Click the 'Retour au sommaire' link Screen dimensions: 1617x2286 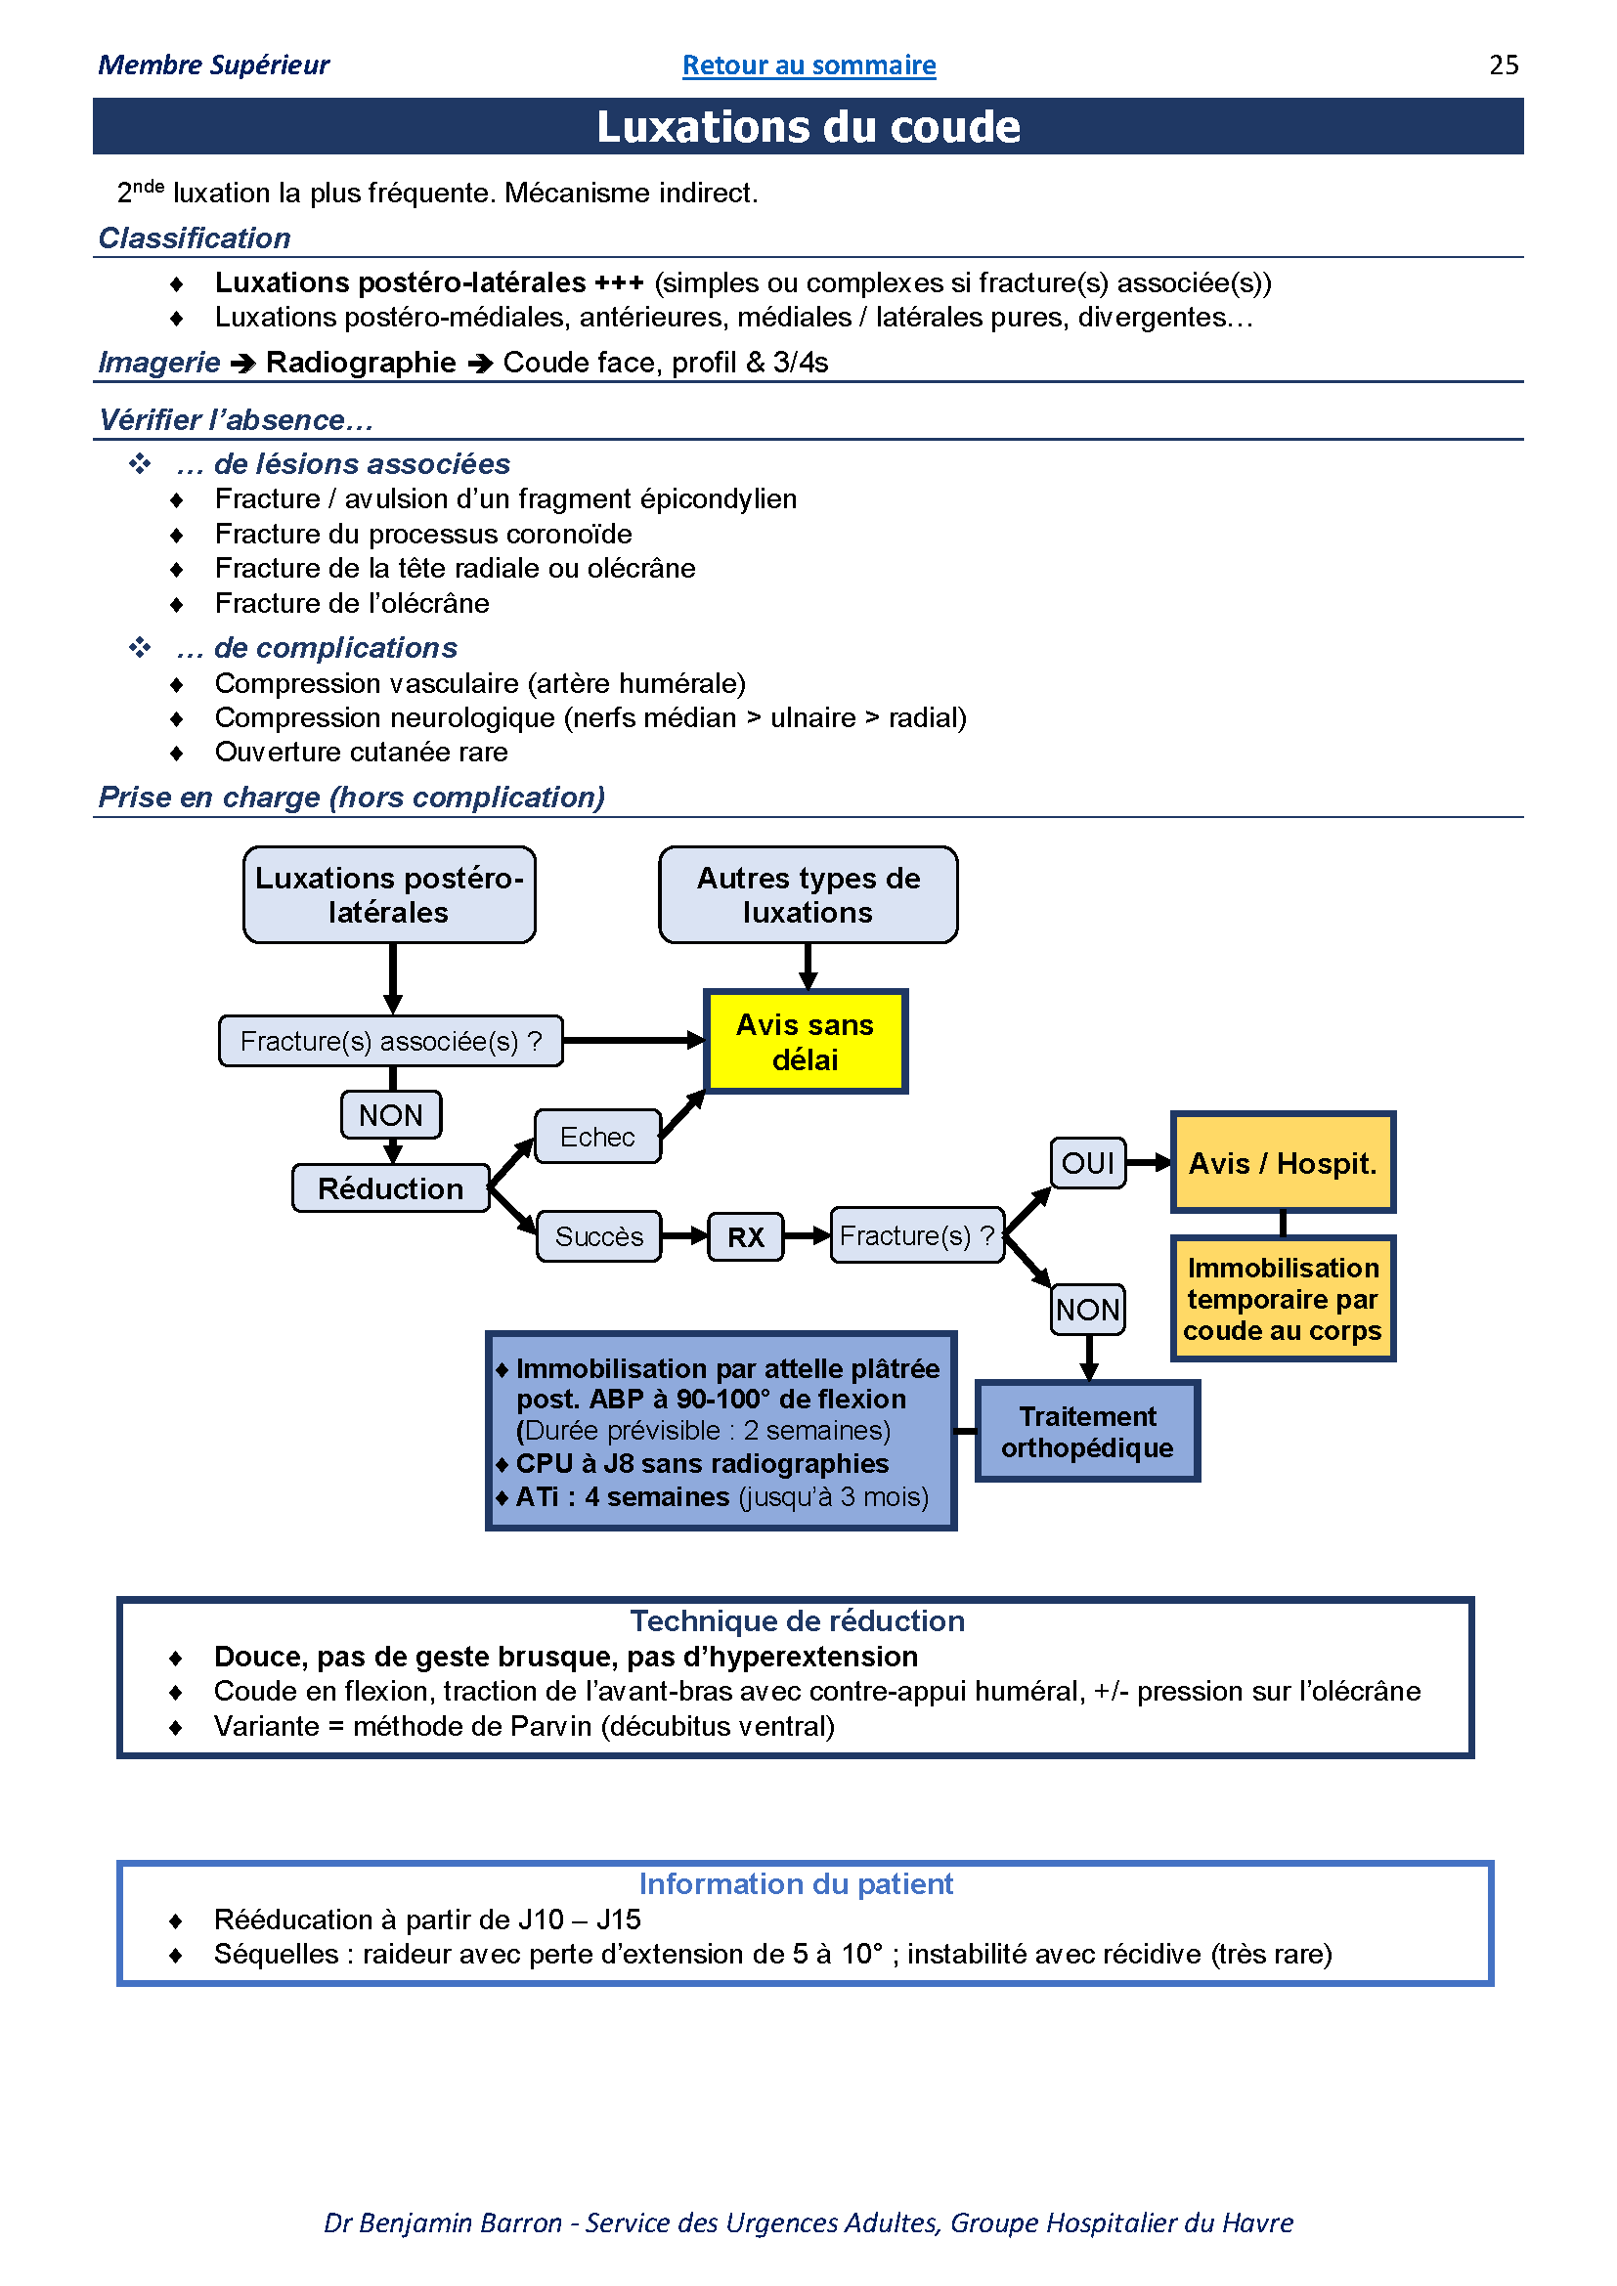808,65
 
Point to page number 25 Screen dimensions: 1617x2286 1504,65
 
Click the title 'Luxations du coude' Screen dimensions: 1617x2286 808,126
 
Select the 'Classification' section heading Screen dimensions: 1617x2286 195,237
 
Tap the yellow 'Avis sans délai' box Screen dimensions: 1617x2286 806,1042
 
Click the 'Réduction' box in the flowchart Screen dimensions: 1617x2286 391,1187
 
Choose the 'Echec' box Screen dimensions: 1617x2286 597,1136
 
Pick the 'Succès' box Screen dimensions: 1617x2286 598,1236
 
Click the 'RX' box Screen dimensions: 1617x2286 746,1236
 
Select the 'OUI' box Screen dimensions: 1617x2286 1088,1163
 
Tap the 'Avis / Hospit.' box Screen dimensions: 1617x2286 1283,1162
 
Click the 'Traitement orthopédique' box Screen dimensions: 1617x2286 1087,1431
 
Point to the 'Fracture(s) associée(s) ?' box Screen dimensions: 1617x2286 391,1041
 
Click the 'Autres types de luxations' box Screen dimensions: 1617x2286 808,894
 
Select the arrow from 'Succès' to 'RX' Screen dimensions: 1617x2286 685,1236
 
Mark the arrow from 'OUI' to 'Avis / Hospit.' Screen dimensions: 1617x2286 1149,1162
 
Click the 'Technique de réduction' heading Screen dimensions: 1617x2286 798,1620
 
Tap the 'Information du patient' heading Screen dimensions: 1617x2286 797,1883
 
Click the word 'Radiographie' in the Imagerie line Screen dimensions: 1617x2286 361,362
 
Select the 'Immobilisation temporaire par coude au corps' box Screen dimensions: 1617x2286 1283,1298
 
